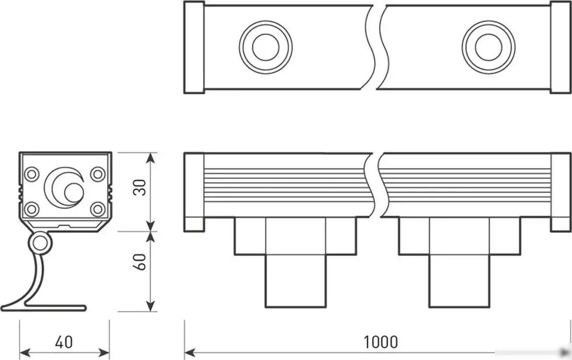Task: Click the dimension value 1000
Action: [x=381, y=341]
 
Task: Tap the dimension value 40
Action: [x=64, y=341]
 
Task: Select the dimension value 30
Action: [x=139, y=187]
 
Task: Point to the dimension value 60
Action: [x=139, y=262]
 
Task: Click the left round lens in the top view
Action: [x=265, y=47]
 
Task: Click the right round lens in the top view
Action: [x=488, y=47]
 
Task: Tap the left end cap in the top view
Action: [x=194, y=47]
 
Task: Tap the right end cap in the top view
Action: [x=561, y=47]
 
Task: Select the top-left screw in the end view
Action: [x=32, y=174]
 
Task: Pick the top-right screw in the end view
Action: [x=97, y=174]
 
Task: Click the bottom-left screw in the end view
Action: [x=32, y=209]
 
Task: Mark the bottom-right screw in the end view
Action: [x=97, y=209]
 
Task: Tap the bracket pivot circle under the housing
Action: [x=40, y=244]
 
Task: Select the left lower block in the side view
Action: [x=295, y=281]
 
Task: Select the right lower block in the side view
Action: [x=459, y=281]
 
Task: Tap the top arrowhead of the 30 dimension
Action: [x=150, y=157]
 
